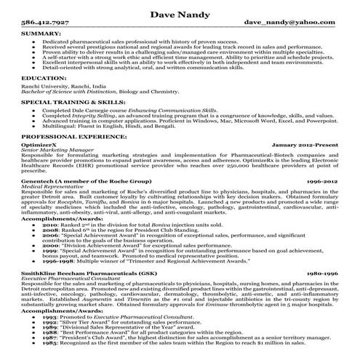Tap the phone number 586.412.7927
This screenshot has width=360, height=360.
(x=44, y=24)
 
